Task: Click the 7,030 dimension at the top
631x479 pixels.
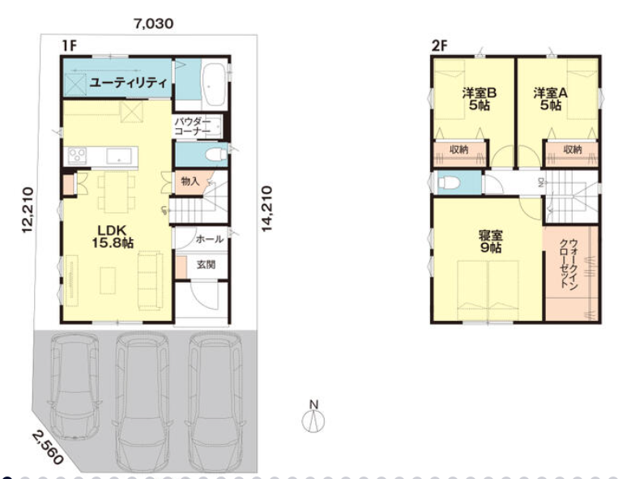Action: coord(154,24)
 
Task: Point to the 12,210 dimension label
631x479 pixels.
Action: coord(28,210)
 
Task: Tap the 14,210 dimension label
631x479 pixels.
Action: coord(266,209)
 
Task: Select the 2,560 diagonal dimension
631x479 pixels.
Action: coord(48,447)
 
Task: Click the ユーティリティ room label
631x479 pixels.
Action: coord(128,83)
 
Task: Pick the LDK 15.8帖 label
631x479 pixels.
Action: coord(113,237)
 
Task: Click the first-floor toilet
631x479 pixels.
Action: coord(215,154)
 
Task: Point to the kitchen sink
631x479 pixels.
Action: coord(119,156)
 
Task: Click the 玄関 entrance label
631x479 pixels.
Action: coord(206,265)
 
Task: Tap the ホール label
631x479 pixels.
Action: coord(209,239)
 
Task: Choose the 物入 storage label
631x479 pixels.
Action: coord(190,182)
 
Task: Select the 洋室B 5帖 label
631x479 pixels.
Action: coord(479,100)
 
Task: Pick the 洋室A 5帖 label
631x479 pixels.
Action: coord(551,100)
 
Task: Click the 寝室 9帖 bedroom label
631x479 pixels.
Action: coord(491,242)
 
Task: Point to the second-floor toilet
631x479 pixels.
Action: coord(447,182)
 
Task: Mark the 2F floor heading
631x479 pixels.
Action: coord(440,46)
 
